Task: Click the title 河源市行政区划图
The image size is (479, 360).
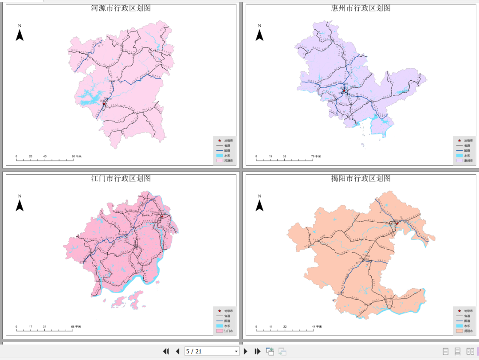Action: (x=121, y=8)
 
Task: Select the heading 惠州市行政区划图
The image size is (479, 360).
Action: (x=361, y=8)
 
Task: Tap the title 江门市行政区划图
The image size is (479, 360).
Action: (x=121, y=178)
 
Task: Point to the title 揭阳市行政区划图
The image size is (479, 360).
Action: (x=361, y=178)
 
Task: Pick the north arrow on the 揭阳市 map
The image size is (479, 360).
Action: (x=259, y=204)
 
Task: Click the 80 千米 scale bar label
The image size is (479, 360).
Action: (x=76, y=157)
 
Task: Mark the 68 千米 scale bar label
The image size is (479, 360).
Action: (x=76, y=327)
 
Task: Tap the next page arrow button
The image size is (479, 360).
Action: (x=246, y=351)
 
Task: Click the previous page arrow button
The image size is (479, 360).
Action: (x=177, y=351)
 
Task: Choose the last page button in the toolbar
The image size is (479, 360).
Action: (x=257, y=351)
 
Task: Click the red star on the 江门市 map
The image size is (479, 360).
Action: (x=162, y=216)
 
